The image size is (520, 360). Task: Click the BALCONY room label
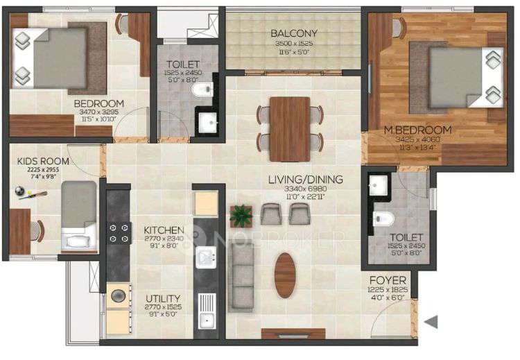(294, 33)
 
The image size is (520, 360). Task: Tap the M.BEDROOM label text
(418, 130)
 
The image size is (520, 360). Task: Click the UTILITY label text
(163, 298)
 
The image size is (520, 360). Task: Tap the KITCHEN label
(163, 230)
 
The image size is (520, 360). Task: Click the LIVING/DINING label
(305, 180)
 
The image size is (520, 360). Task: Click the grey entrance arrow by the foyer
(431, 321)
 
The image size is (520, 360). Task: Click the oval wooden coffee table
(285, 275)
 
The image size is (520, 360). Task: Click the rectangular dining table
(290, 128)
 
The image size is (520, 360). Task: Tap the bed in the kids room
(78, 215)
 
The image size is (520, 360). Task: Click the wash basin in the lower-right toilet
(379, 186)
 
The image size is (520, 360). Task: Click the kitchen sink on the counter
(206, 258)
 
